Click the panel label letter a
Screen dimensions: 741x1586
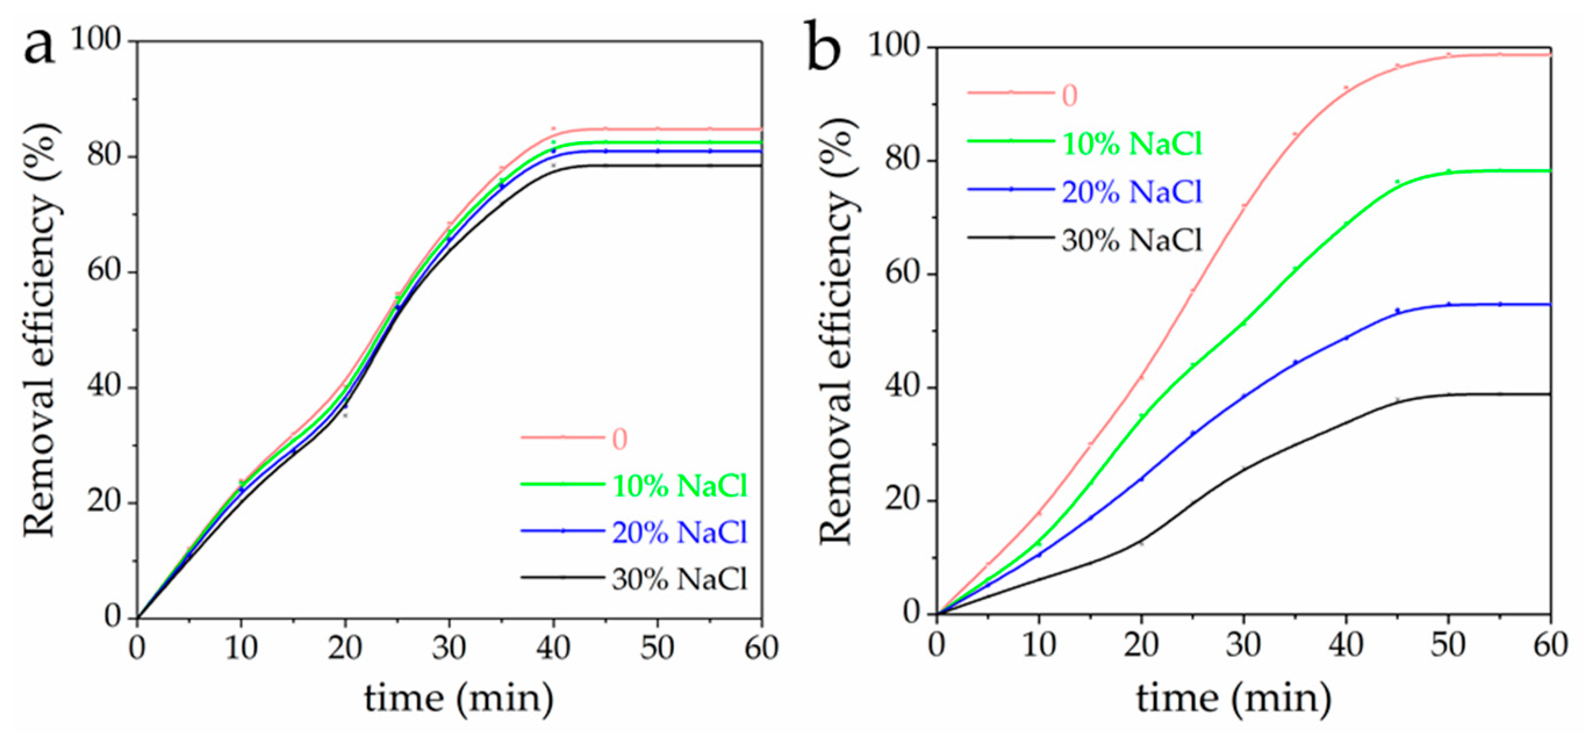tap(38, 47)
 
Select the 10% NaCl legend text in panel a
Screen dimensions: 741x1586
tap(679, 486)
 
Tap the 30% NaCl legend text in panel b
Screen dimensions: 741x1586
tap(1132, 240)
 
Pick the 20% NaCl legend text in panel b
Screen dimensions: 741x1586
tap(1132, 192)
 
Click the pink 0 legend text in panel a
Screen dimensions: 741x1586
tap(619, 439)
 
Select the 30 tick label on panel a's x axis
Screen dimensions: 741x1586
tap(449, 648)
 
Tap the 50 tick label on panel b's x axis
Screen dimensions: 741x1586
tap(1448, 645)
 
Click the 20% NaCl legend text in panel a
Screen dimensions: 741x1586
tap(679, 533)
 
